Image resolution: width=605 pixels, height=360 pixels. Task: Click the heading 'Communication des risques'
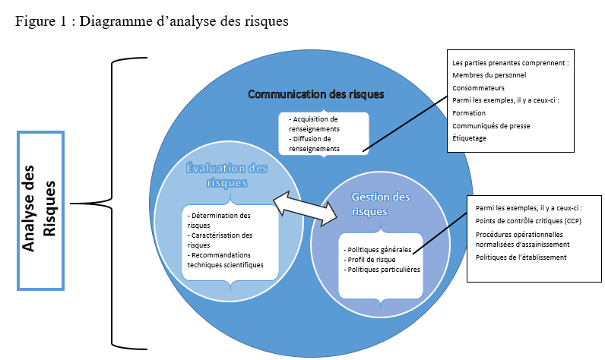click(x=316, y=94)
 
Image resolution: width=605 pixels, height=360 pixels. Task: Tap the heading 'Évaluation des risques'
click(x=226, y=175)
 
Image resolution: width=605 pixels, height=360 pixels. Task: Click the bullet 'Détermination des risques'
click(x=220, y=220)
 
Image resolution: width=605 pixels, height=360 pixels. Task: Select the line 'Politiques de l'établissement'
click(x=521, y=257)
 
